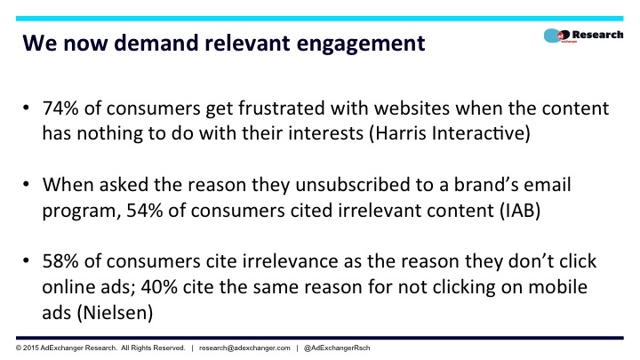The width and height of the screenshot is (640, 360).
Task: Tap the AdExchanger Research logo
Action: click(583, 36)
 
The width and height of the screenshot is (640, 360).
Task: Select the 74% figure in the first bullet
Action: click(60, 108)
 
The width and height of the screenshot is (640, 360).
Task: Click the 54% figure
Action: click(145, 211)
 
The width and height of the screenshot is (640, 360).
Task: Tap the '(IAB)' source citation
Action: click(520, 211)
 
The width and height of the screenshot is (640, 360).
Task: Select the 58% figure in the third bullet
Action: click(60, 261)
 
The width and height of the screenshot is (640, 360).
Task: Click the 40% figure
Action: click(159, 287)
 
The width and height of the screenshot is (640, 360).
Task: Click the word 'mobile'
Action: click(557, 286)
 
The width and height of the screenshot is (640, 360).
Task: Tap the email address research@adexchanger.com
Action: click(244, 348)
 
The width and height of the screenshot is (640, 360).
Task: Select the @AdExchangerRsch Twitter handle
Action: click(337, 348)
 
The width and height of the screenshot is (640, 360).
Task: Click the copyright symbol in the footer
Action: click(19, 348)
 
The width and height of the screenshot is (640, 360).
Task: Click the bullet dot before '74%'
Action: click(26, 108)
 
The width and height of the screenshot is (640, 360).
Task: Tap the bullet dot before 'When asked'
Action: click(26, 185)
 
